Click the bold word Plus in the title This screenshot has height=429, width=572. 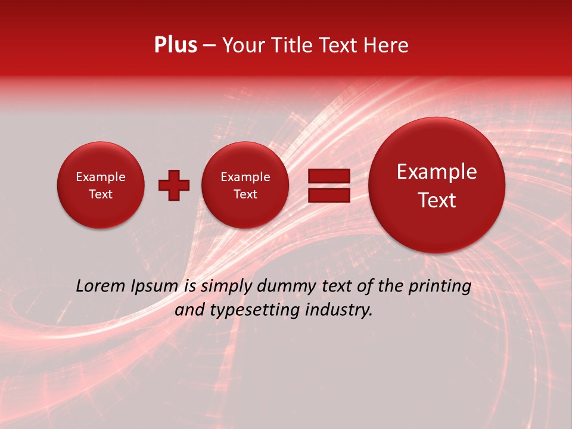(175, 45)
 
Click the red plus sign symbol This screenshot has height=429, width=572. (173, 185)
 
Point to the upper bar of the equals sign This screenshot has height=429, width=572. (329, 176)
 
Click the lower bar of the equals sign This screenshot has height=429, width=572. (329, 195)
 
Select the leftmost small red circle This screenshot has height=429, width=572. (101, 185)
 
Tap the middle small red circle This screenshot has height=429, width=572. (245, 185)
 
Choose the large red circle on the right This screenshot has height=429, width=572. (437, 185)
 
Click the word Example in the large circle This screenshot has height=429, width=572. (437, 172)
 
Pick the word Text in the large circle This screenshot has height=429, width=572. (437, 200)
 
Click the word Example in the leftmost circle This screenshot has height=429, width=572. (101, 177)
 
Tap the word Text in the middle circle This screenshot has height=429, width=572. (245, 194)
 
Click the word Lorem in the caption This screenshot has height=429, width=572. (101, 287)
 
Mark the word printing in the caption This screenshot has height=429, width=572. (440, 287)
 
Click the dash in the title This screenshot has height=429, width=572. (209, 46)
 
